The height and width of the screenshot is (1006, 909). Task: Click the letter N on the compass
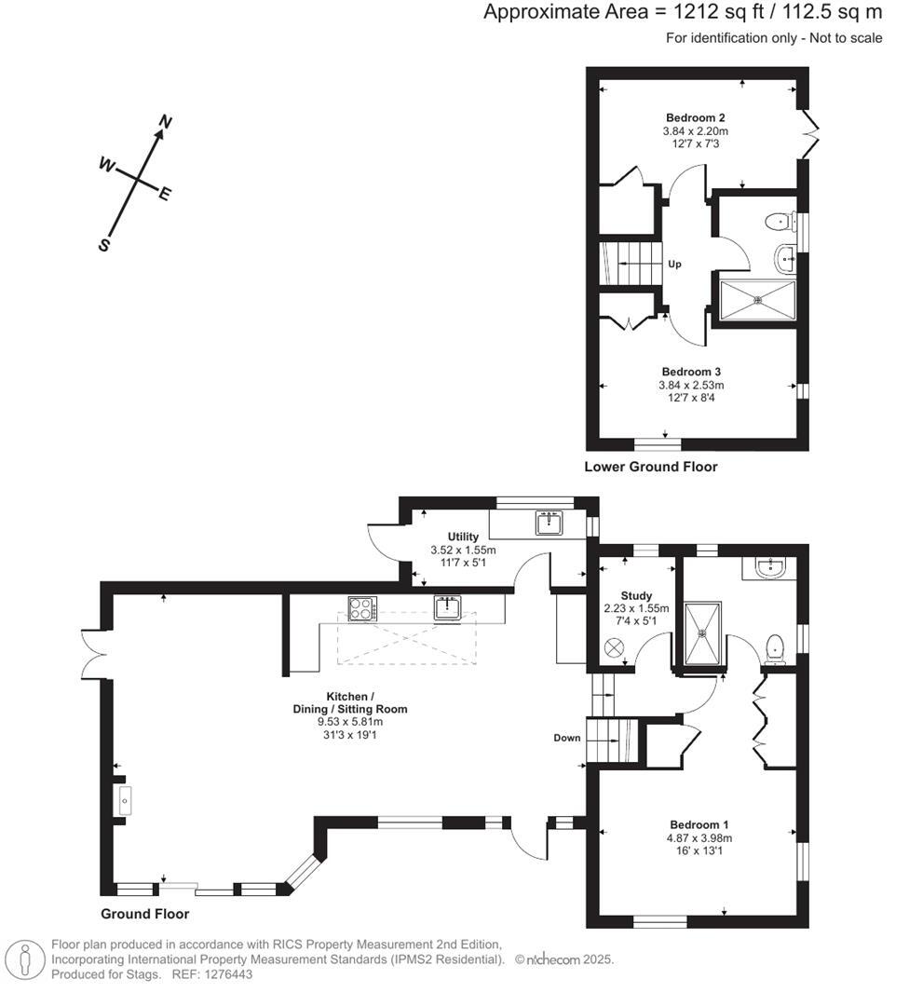coord(166,122)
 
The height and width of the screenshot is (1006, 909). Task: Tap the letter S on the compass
coord(105,245)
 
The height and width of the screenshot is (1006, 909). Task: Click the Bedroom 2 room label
coord(695,117)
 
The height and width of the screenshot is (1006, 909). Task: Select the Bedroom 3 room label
coord(692,371)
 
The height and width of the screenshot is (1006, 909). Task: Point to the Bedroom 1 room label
coord(699,824)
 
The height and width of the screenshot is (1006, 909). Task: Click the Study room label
coord(637,596)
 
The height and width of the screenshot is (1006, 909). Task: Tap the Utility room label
coord(463,537)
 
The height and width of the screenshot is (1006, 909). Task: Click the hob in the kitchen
coord(361,608)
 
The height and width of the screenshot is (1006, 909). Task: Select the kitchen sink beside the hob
coord(448,608)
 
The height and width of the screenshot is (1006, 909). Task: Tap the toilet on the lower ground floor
coord(775,222)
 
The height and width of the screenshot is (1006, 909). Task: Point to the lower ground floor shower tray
coord(758,300)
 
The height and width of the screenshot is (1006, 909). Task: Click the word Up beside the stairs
coord(674,265)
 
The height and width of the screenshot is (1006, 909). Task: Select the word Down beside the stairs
coord(566,738)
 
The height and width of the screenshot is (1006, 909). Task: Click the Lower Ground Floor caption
coord(651,467)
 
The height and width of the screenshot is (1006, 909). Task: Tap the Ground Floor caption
coord(144,914)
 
